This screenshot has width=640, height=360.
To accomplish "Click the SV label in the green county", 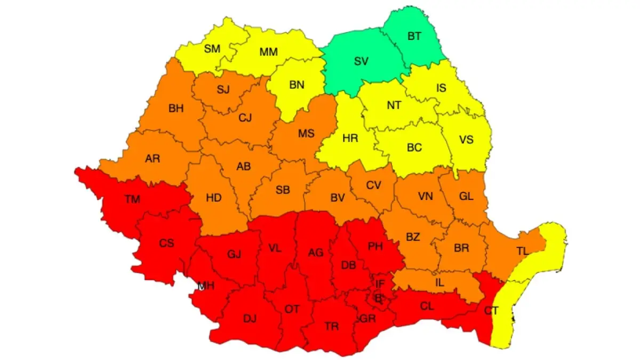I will [x=361, y=61].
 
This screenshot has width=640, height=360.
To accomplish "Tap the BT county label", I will [x=414, y=36].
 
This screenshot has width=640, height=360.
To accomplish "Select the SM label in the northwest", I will [x=212, y=49].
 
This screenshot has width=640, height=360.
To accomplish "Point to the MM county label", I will [x=268, y=52].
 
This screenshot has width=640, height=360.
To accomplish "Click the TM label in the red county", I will [x=132, y=199].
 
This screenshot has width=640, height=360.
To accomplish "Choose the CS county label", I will [x=166, y=243].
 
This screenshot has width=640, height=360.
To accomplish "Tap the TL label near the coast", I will [x=523, y=250].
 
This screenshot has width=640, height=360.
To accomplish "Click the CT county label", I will [x=492, y=309].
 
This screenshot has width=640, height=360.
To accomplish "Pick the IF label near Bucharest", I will [x=380, y=284].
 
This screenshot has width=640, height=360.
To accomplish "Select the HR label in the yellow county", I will [x=350, y=139].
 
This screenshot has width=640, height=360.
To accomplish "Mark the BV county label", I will [x=338, y=198].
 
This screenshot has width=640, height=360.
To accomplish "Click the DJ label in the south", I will [x=250, y=319].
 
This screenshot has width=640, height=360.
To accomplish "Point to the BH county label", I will [x=175, y=108].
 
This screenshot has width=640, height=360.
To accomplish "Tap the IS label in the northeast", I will [x=441, y=88].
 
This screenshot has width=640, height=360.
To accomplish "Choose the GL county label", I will [x=466, y=196].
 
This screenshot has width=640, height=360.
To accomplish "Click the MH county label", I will [x=206, y=286].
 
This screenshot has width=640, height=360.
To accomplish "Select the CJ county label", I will [x=245, y=118].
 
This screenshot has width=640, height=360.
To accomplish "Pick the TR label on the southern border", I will [x=331, y=326].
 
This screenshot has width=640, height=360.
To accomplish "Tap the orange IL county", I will [x=439, y=279].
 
